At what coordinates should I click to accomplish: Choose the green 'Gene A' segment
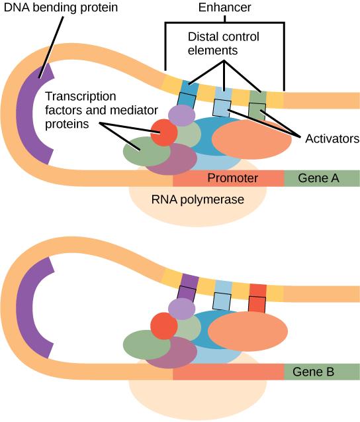tap(322, 178)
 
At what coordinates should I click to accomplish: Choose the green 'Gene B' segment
tap(322, 372)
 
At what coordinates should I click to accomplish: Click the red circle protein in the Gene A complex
tap(163, 132)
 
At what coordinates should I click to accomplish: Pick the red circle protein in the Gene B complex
tap(163, 326)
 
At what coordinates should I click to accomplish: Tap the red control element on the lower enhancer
tap(257, 290)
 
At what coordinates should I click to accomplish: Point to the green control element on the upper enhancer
tap(257, 98)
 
